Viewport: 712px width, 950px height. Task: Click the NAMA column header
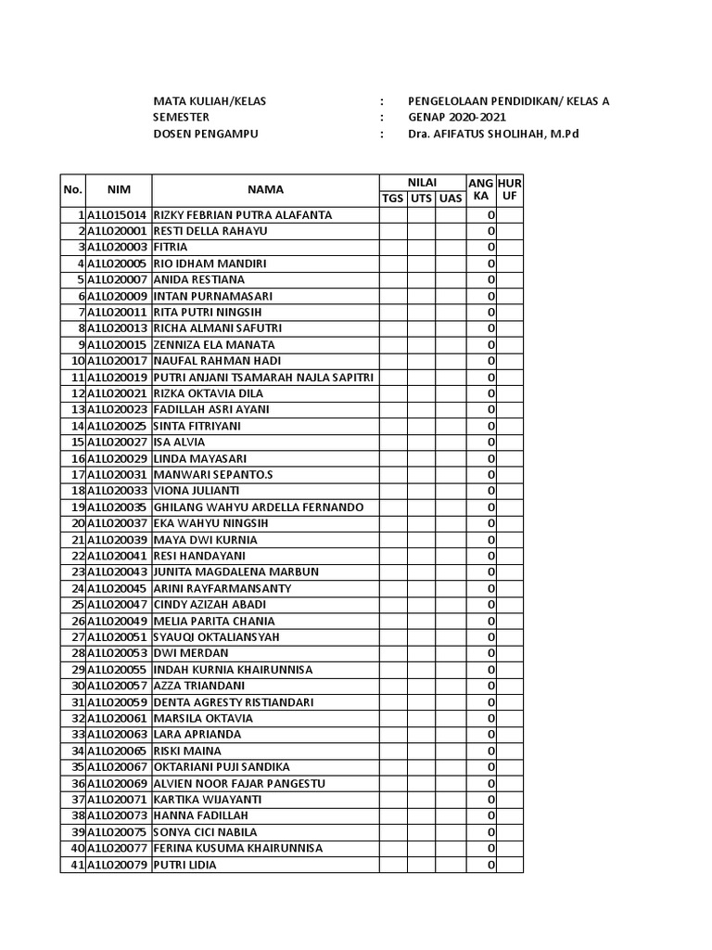[265, 189]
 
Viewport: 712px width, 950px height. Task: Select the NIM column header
[119, 189]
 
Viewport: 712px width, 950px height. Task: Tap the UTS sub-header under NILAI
[421, 198]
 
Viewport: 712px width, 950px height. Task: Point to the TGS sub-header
[393, 198]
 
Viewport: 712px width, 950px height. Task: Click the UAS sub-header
[451, 198]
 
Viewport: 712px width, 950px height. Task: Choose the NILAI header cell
[422, 182]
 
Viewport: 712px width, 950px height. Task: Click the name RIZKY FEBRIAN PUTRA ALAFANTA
[242, 215]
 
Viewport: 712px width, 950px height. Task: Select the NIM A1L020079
[118, 865]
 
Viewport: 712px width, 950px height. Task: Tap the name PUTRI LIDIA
[184, 865]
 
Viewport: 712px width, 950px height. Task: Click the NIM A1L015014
[118, 215]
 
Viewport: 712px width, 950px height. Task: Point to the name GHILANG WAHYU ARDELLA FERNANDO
[258, 507]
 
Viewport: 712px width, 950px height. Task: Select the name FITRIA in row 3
[171, 248]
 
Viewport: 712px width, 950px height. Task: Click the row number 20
[78, 523]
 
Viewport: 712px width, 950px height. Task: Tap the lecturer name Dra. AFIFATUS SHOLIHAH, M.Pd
[500, 135]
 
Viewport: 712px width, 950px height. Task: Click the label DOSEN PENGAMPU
[205, 135]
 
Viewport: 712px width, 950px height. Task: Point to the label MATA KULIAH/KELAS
[210, 102]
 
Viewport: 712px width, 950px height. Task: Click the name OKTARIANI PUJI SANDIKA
[222, 767]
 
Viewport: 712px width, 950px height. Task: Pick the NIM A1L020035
[118, 507]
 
